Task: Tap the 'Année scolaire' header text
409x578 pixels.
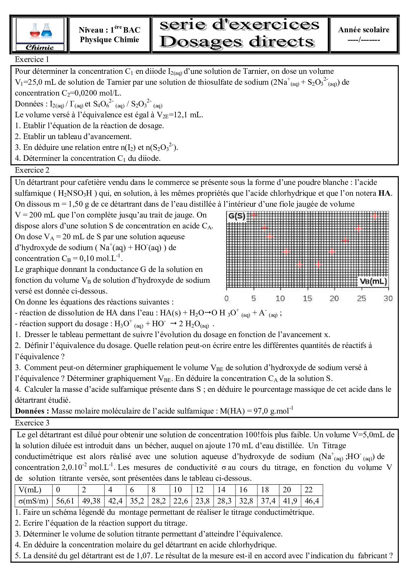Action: click(363, 30)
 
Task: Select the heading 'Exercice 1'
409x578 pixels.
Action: click(32, 60)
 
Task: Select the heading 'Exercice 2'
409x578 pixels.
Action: click(32, 170)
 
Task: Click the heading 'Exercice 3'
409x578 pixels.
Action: click(32, 423)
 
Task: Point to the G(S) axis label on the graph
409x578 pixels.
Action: click(237, 217)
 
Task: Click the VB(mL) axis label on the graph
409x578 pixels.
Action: click(373, 282)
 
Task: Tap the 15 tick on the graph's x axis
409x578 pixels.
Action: click(307, 299)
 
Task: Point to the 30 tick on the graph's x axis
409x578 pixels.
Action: click(388, 299)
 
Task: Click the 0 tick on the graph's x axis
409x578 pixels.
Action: click(227, 299)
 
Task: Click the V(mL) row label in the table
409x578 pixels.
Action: click(30, 490)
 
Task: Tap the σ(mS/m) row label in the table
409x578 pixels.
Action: click(33, 501)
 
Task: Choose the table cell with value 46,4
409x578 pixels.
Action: click(312, 501)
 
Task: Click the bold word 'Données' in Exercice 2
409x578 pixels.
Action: click(32, 411)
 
